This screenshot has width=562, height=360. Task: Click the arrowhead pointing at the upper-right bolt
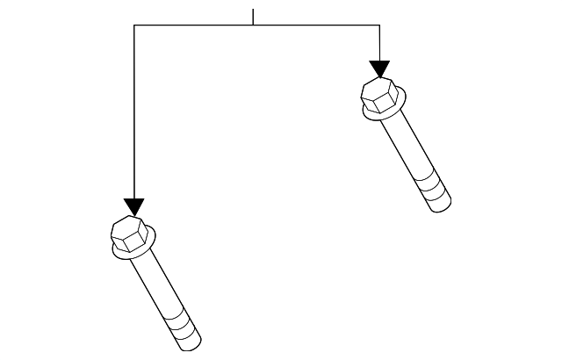pos(379,69)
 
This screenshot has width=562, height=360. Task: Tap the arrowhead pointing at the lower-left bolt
pos(133,207)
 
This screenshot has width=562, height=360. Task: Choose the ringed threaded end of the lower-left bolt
pos(183,329)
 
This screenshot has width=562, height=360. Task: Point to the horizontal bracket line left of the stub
pos(193,25)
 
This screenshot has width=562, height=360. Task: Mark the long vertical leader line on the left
pos(133,114)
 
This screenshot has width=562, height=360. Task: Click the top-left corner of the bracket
pos(133,25)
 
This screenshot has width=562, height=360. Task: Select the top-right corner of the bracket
pos(379,25)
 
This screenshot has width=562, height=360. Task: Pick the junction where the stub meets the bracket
pos(253,25)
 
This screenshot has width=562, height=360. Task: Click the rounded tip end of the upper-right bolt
pos(443,207)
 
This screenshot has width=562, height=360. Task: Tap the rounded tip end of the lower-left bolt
pos(192,343)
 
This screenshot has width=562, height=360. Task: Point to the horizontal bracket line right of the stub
pos(316,25)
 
